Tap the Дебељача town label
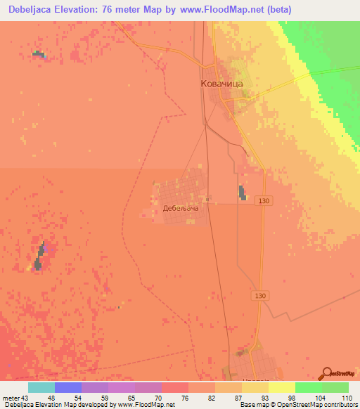(x=181, y=208)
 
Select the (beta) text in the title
(x=276, y=9)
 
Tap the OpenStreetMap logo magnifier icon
(x=326, y=373)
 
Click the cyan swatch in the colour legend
(x=41, y=387)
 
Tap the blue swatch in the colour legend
(x=67, y=387)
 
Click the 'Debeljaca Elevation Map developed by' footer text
(x=60, y=405)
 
